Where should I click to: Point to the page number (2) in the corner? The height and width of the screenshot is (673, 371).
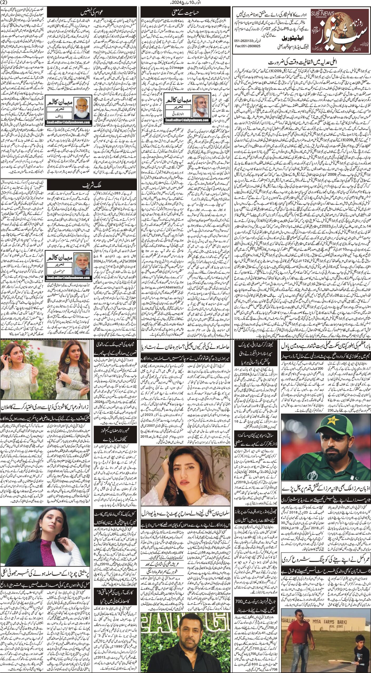pos(5,3)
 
